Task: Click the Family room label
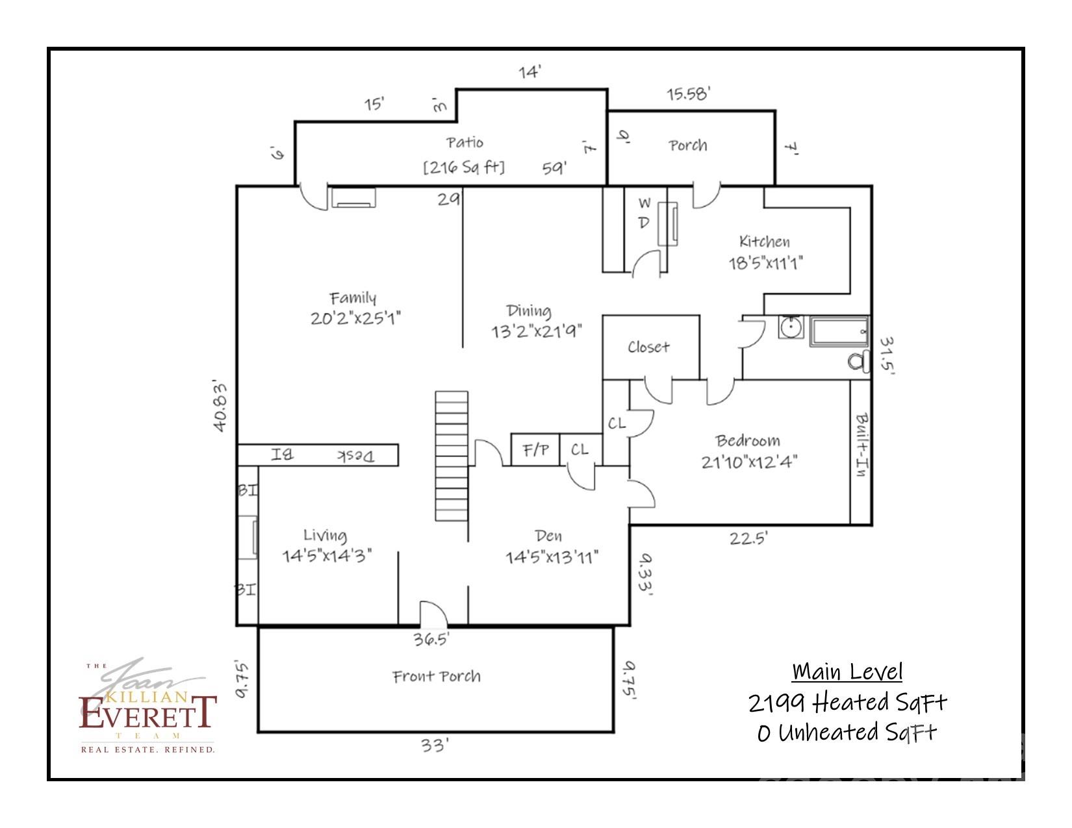point(353,298)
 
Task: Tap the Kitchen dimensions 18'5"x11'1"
point(765,263)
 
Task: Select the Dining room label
point(529,310)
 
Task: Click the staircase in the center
point(452,455)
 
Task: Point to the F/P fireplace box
point(536,449)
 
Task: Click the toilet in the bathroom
point(860,360)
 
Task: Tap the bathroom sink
point(791,327)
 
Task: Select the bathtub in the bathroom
point(839,331)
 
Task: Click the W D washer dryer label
point(644,213)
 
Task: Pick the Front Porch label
point(437,677)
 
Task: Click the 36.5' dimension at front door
point(431,640)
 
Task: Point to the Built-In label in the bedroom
point(861,445)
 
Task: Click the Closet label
point(648,347)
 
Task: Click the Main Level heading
point(847,671)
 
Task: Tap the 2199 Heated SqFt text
point(847,702)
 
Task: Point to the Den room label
point(548,536)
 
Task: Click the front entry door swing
point(433,614)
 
